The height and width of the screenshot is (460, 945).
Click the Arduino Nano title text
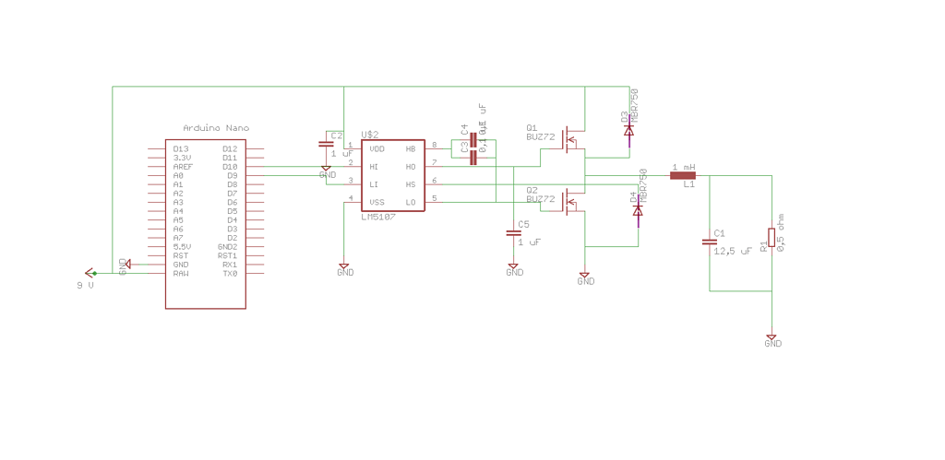(x=216, y=128)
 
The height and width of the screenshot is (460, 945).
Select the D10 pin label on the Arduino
(x=230, y=167)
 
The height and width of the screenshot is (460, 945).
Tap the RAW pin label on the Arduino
(x=181, y=274)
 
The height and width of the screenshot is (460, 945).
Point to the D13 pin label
(x=181, y=149)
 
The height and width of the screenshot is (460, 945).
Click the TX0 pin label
(x=230, y=274)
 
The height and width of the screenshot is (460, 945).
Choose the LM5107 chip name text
(x=377, y=217)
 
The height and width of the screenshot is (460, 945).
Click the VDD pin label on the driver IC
(x=377, y=148)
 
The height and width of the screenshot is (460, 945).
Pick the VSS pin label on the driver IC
(x=377, y=202)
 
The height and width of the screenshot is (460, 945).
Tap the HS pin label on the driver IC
(x=411, y=184)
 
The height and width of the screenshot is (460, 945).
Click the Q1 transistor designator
(x=532, y=128)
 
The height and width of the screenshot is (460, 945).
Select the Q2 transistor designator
(x=532, y=190)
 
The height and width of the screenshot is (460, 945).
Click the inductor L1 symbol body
(x=683, y=175)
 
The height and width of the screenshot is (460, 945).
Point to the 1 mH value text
(x=683, y=167)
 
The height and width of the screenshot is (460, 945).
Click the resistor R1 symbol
(x=771, y=238)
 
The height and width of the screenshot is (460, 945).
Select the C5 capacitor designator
(x=523, y=224)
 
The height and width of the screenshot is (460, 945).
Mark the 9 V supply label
(x=85, y=286)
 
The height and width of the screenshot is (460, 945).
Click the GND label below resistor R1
(x=773, y=344)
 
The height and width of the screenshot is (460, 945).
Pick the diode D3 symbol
(x=629, y=132)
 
